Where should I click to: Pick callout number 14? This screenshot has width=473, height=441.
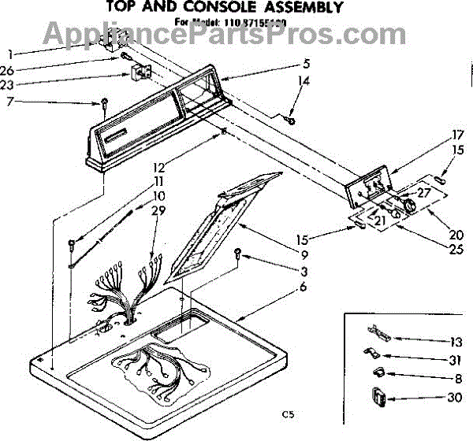304,80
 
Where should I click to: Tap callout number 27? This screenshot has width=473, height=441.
423,191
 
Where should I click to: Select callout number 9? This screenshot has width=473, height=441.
280,254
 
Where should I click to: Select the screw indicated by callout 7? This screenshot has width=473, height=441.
103,102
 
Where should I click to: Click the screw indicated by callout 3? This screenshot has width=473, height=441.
238,254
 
